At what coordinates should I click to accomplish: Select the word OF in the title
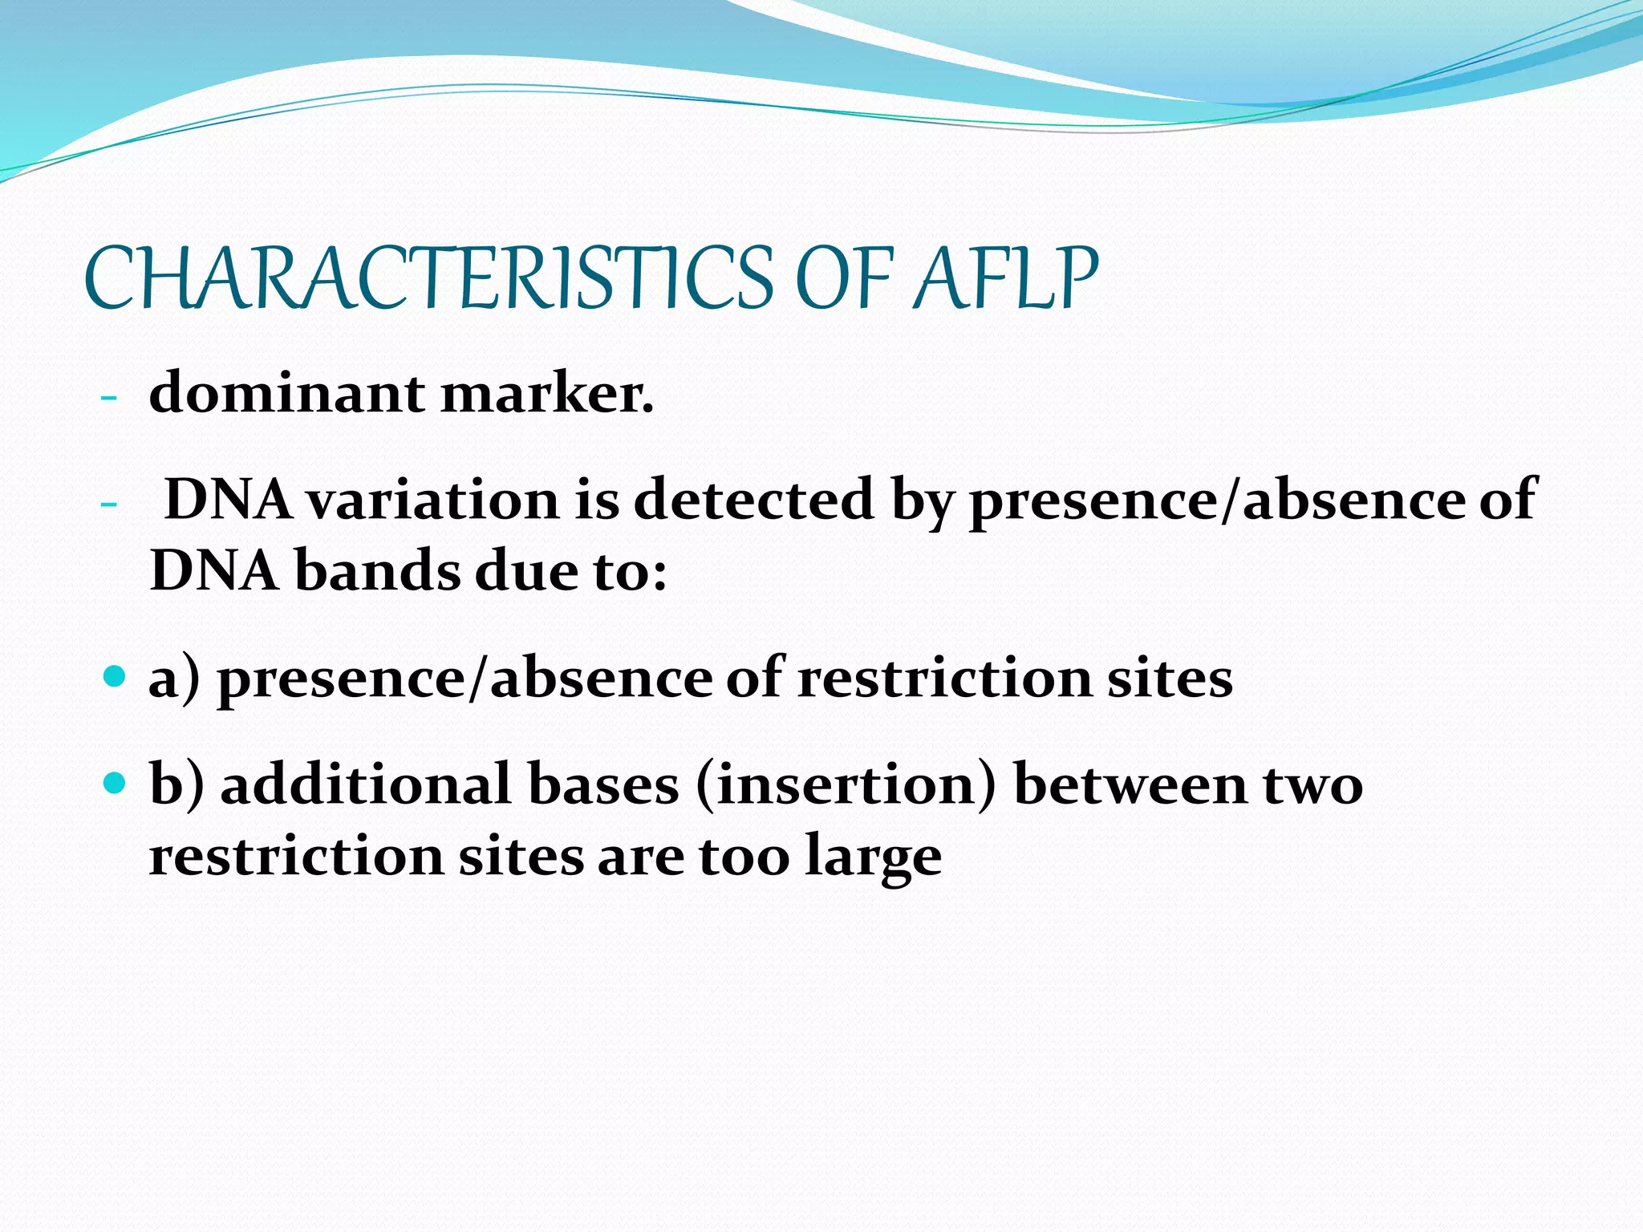pos(843,278)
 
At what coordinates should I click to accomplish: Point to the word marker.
pos(547,395)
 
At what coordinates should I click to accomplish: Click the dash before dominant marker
pos(109,398)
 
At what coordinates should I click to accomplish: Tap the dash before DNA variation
pos(109,504)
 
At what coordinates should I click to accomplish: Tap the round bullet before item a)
pos(116,675)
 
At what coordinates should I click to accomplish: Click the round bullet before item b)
pos(116,781)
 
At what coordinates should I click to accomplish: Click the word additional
pos(366,784)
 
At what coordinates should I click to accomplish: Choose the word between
pos(1130,784)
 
